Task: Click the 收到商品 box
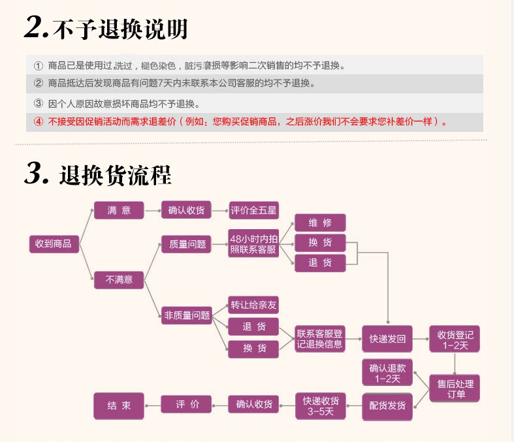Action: pyautogui.click(x=54, y=244)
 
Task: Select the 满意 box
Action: pyautogui.click(x=119, y=210)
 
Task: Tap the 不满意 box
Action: pyautogui.click(x=119, y=279)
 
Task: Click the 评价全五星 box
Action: pyautogui.click(x=253, y=210)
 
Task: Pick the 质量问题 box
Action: pyautogui.click(x=187, y=244)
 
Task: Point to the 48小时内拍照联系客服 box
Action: pyautogui.click(x=253, y=244)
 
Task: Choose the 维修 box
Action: pyautogui.click(x=320, y=223)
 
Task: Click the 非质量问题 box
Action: pyautogui.click(x=187, y=315)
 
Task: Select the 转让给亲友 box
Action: pyautogui.click(x=253, y=305)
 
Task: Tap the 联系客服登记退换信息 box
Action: pyautogui.click(x=320, y=339)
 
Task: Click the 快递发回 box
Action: pyautogui.click(x=388, y=339)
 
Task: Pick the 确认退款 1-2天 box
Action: pyautogui.click(x=388, y=373)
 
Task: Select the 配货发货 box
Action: pyautogui.click(x=388, y=405)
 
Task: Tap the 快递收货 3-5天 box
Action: pyautogui.click(x=320, y=405)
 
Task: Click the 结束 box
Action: pyautogui.click(x=119, y=405)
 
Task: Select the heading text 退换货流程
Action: pyautogui.click(x=115, y=176)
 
